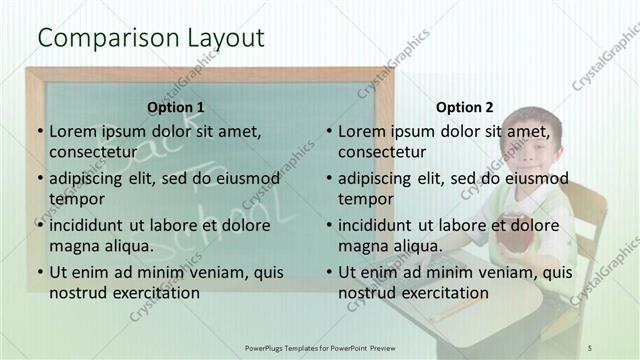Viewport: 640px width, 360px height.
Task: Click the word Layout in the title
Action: pos(225,39)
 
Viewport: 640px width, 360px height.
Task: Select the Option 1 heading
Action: pos(175,107)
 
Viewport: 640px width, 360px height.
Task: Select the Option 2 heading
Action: pos(465,107)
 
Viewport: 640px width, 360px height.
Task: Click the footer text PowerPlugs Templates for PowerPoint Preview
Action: pos(329,347)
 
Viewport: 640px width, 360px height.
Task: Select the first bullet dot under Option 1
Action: pos(39,131)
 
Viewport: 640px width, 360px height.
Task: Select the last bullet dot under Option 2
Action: pos(328,272)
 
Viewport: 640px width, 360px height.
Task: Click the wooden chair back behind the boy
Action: pos(589,210)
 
